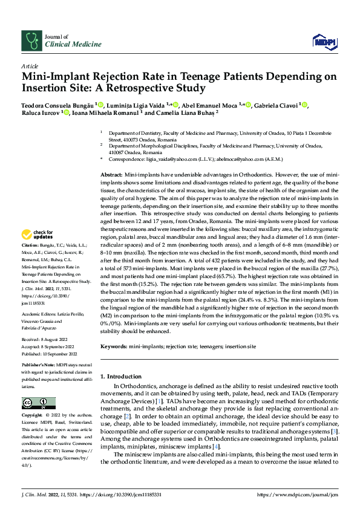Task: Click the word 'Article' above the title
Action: (x=30, y=65)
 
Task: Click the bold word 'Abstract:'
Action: (x=114, y=174)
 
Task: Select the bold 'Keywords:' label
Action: (x=114, y=346)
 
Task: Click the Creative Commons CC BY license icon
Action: (x=38, y=403)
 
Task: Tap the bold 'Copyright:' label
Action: (x=32, y=417)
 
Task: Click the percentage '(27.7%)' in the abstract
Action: (x=327, y=268)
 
